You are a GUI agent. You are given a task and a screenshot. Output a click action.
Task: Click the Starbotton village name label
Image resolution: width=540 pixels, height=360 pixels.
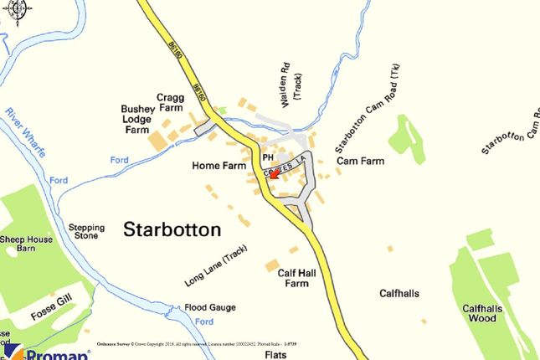[172, 229]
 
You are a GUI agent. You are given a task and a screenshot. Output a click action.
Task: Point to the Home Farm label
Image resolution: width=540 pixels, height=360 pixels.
[218, 166]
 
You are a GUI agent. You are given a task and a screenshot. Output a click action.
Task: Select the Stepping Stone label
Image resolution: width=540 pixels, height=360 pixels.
[86, 232]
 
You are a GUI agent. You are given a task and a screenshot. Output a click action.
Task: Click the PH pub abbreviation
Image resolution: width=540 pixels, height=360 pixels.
[268, 157]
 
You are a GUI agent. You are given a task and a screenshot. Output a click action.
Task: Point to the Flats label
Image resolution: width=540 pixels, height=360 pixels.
[275, 354]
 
